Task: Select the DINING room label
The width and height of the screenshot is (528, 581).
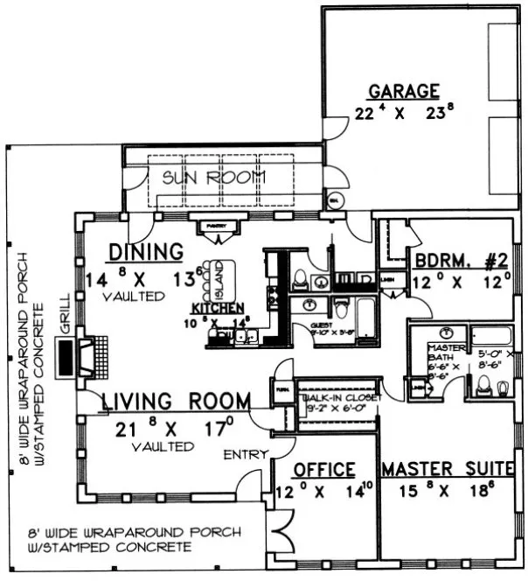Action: pos(146,252)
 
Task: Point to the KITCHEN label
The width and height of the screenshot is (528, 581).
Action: pos(218,309)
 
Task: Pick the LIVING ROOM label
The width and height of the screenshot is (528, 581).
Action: pos(177,402)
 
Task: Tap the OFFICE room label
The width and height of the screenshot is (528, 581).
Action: pos(323,470)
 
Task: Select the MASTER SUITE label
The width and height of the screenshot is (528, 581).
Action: pos(445,470)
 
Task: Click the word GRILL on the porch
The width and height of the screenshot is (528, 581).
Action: pos(64,325)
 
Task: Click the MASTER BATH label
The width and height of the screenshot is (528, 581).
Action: pos(439,353)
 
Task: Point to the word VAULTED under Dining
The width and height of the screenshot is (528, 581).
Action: pos(134,297)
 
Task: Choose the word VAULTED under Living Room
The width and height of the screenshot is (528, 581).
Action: pos(164,446)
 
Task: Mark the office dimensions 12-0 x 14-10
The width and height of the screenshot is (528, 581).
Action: pos(323,492)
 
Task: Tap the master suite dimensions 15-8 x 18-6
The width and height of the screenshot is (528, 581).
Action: pos(445,492)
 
